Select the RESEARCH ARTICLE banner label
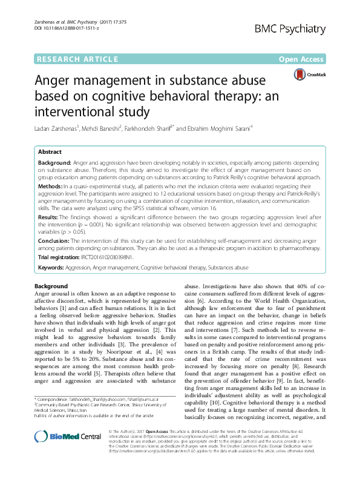[77, 59]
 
